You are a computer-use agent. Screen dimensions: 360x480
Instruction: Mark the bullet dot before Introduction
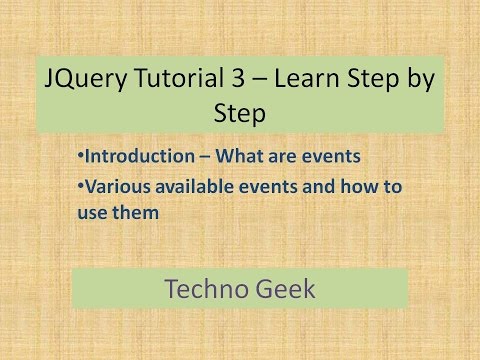[x=79, y=156]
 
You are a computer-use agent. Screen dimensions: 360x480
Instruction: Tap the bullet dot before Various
[x=79, y=184]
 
